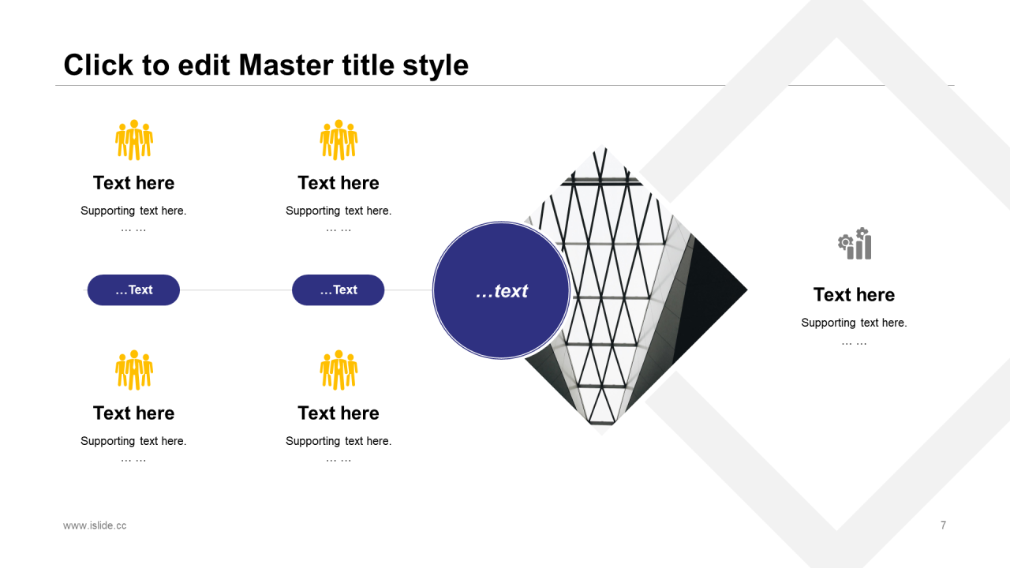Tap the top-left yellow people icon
134,140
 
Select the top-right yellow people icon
339,140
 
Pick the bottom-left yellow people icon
134,370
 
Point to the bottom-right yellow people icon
339,370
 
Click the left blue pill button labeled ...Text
133,290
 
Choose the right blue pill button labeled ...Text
339,290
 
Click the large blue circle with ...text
501,290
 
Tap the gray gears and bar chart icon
855,244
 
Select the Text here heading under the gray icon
854,295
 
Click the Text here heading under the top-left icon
133,183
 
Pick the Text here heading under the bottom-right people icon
339,413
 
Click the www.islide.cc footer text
95,525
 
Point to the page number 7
943,525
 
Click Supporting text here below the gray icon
854,323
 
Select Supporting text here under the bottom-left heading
133,441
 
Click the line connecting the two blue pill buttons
236,290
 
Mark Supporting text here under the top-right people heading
339,211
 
